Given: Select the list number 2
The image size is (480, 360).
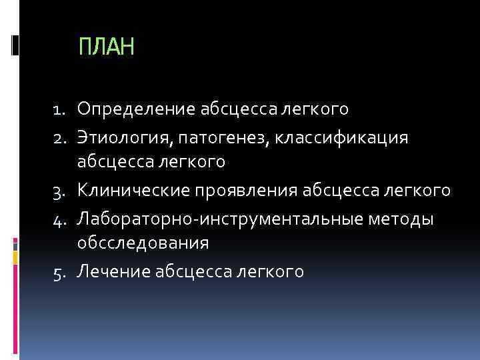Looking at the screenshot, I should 62,137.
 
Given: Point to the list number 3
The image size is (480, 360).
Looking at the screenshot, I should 62,191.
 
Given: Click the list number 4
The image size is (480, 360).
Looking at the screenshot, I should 62,219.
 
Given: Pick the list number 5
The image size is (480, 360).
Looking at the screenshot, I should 62,272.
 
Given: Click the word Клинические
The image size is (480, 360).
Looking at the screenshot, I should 133,191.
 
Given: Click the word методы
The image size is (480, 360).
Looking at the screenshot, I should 406,218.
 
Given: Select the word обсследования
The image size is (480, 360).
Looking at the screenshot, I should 143,244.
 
